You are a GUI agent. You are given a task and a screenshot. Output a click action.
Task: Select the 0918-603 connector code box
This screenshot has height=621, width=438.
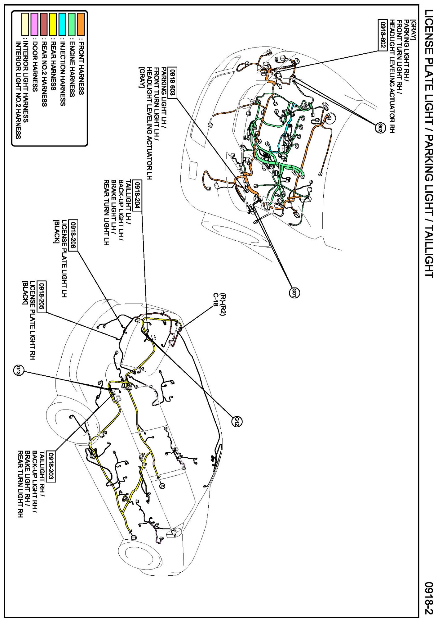(x=172, y=83)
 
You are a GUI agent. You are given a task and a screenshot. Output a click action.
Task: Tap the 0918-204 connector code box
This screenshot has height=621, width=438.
(x=138, y=196)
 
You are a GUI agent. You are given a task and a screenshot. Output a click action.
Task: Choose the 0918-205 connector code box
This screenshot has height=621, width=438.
(x=42, y=296)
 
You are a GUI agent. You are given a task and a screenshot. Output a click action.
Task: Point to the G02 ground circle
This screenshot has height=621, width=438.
(x=380, y=127)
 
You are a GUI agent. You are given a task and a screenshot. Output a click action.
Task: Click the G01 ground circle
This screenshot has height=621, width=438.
(x=294, y=292)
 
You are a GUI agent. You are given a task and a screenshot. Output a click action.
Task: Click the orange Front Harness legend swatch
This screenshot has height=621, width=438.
(x=81, y=24)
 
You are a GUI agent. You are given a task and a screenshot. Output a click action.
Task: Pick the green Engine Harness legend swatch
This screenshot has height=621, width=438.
(x=72, y=24)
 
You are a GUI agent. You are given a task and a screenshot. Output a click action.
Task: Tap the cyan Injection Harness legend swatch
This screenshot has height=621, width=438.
(x=62, y=24)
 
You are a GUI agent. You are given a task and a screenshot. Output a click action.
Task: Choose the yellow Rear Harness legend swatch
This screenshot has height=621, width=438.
(x=53, y=24)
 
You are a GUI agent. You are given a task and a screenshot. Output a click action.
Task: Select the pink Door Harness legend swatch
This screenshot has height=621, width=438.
(x=34, y=24)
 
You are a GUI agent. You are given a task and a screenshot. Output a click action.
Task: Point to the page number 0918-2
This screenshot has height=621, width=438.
(x=428, y=598)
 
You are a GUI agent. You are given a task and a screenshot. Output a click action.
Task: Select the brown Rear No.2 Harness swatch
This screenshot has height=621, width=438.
(x=44, y=24)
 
